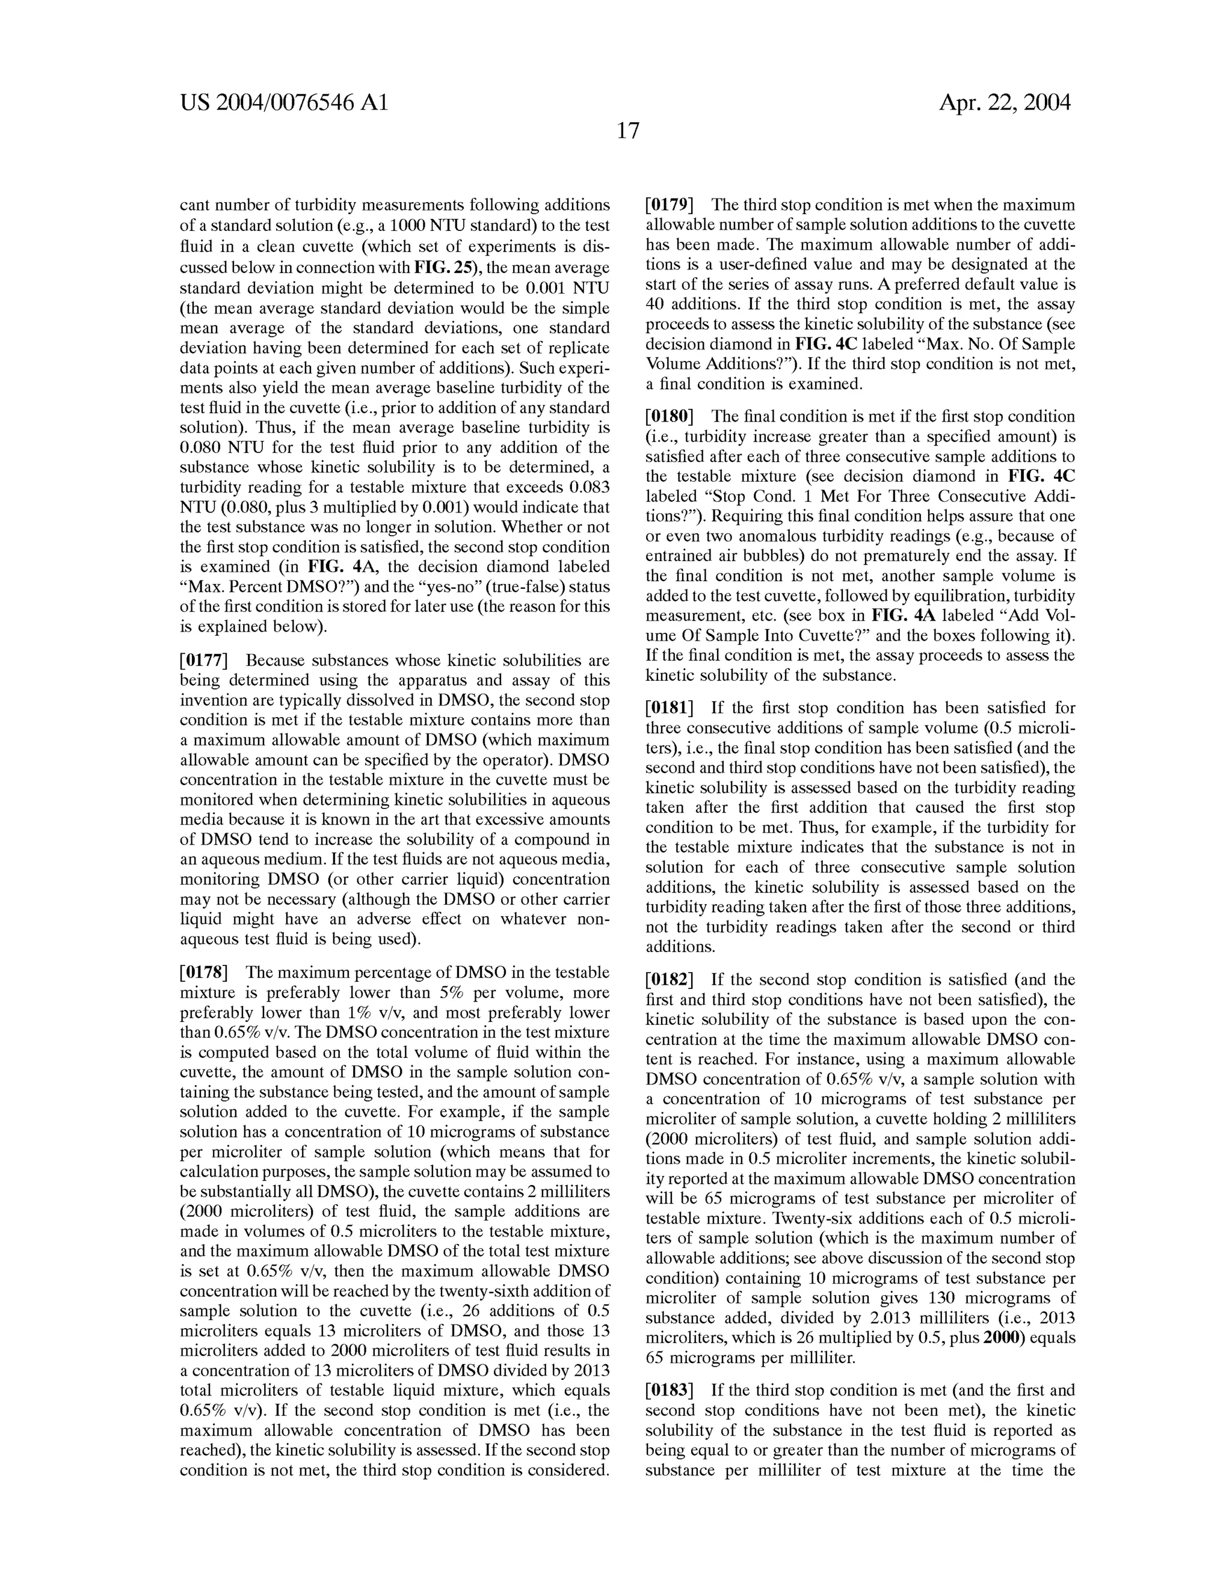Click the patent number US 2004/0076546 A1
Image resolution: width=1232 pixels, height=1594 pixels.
coord(284,103)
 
